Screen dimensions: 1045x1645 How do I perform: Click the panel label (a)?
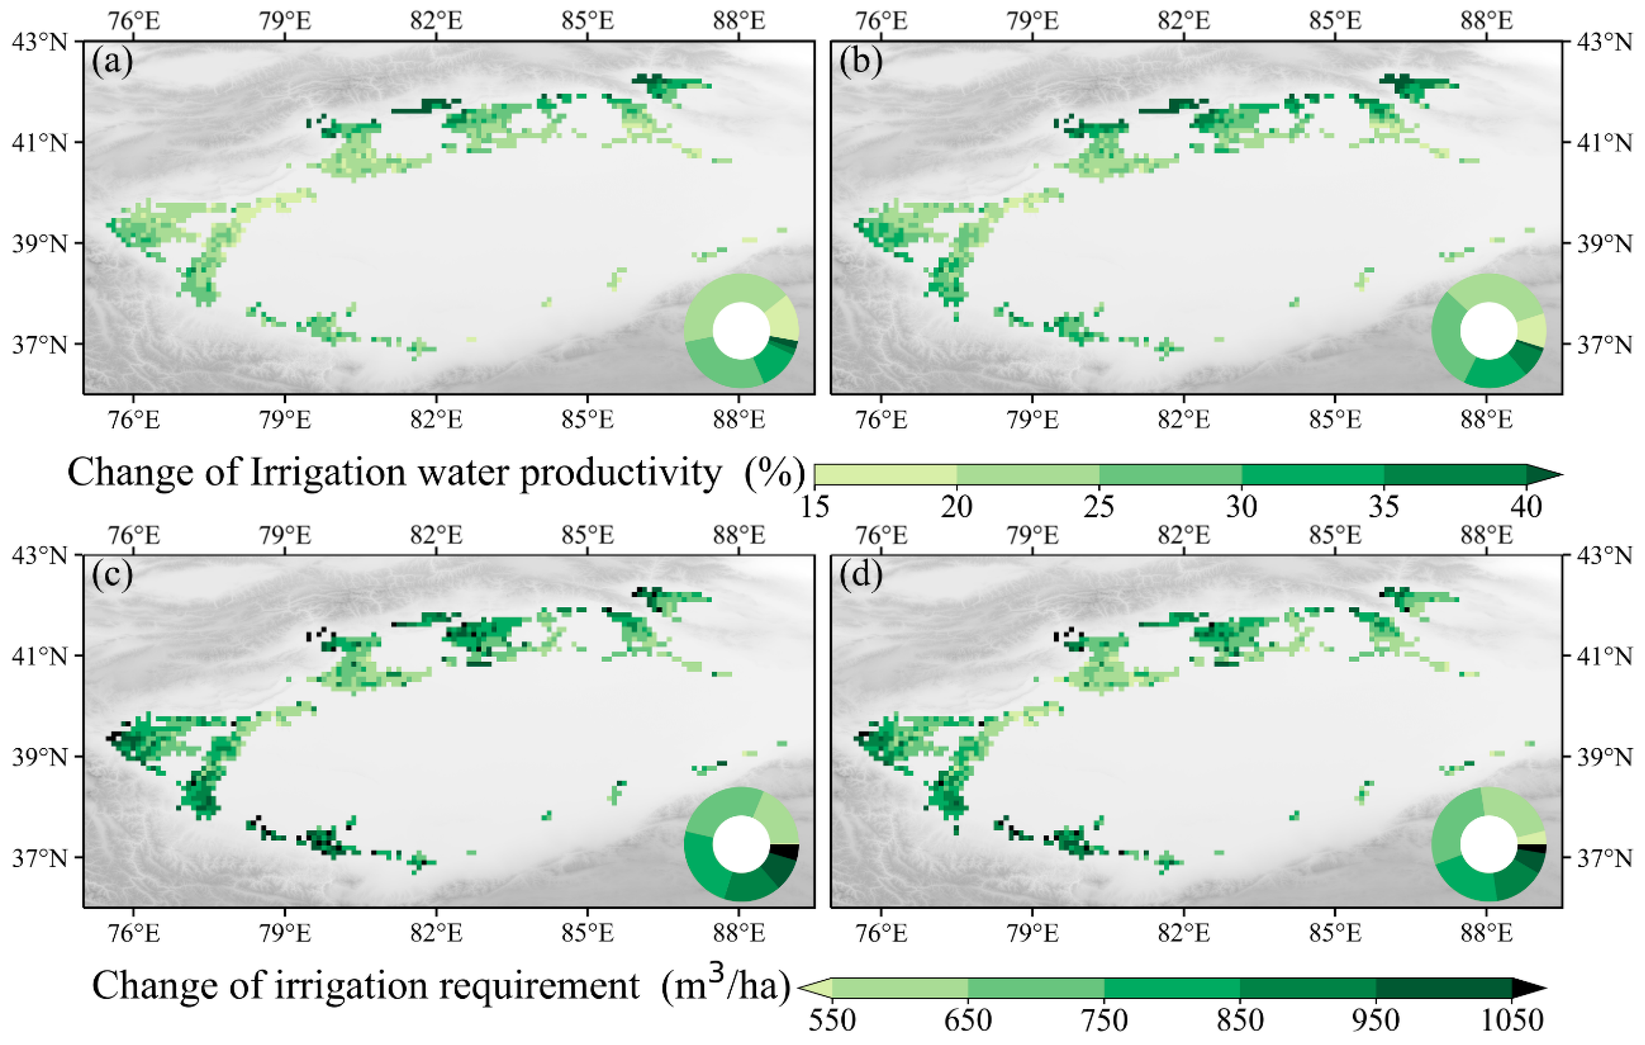pyautogui.click(x=112, y=63)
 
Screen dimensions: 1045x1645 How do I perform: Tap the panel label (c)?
pyautogui.click(x=112, y=576)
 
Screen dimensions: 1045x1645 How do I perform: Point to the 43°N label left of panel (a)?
pyautogui.click(x=40, y=42)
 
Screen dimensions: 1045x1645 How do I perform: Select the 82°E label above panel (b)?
pyautogui.click(x=1184, y=20)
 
